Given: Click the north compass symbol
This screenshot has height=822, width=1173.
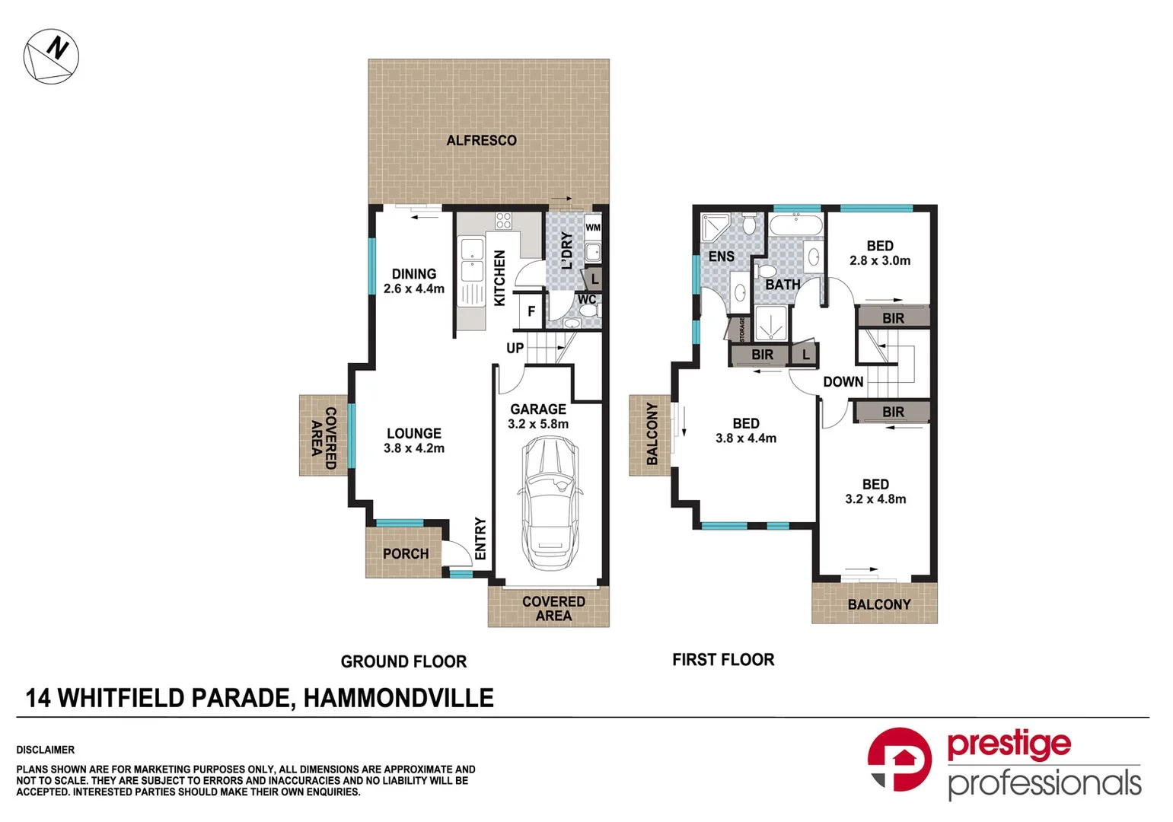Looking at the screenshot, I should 51,56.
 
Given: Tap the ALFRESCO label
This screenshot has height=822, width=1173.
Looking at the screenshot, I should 481,141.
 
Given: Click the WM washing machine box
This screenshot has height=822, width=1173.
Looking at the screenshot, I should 593,227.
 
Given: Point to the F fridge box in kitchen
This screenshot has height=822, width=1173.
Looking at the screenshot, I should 531,311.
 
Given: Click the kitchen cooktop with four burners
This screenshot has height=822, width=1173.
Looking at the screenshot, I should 504,221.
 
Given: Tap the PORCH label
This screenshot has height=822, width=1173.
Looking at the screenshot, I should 405,554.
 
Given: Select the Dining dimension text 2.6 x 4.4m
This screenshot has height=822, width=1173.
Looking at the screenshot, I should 414,289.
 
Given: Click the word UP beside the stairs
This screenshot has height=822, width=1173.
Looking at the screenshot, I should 515,348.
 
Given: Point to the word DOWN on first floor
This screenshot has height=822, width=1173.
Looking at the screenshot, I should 843,382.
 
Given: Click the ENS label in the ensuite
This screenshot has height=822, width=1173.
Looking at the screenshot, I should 721,256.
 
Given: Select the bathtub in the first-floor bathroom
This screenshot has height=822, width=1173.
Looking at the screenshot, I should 795,226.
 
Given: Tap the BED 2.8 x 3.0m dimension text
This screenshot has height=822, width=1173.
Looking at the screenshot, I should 880,260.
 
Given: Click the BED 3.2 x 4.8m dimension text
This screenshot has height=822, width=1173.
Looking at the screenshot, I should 875,499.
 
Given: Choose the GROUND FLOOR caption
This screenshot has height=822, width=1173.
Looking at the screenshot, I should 403,661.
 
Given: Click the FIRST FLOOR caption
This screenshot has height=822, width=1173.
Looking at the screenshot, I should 723,660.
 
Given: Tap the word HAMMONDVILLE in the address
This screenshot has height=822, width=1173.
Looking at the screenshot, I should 398,698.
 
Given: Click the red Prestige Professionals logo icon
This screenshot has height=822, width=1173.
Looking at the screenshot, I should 899,759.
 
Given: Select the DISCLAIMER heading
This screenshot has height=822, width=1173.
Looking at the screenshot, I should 46,750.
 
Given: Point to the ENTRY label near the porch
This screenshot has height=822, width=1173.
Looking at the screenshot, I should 480,539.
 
